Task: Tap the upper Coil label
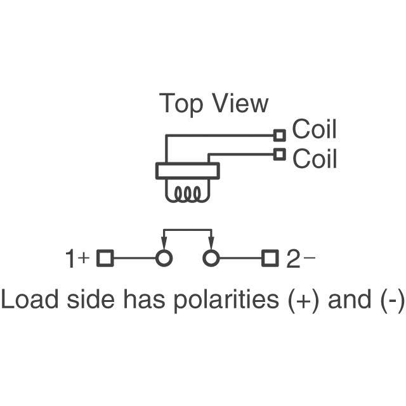pos(314,129)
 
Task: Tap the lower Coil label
pos(314,158)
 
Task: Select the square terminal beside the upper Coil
pos(279,134)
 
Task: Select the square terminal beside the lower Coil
pos(279,154)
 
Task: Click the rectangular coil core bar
pos(187,171)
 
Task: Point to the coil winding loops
pos(186,193)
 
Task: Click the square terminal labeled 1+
pos(105,258)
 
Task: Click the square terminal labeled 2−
pos(270,258)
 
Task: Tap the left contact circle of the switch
pos(164,258)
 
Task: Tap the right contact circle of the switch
pos(211,258)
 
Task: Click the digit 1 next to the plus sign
pos(70,259)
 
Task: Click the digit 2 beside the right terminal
pos(292,259)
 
